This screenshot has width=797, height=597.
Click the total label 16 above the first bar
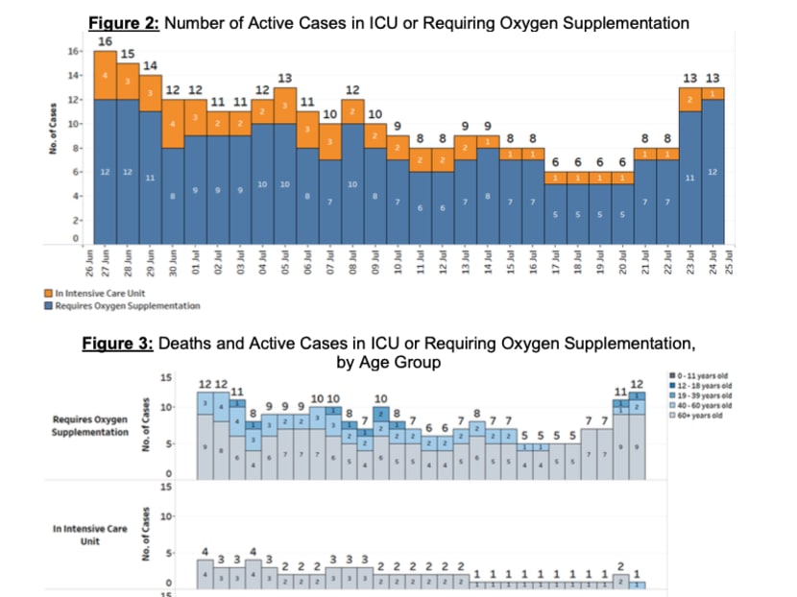[x=105, y=41]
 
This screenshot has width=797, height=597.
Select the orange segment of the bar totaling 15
[x=128, y=82]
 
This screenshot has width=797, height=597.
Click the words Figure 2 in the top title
[x=123, y=20]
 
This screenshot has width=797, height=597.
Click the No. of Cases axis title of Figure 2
[x=56, y=124]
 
